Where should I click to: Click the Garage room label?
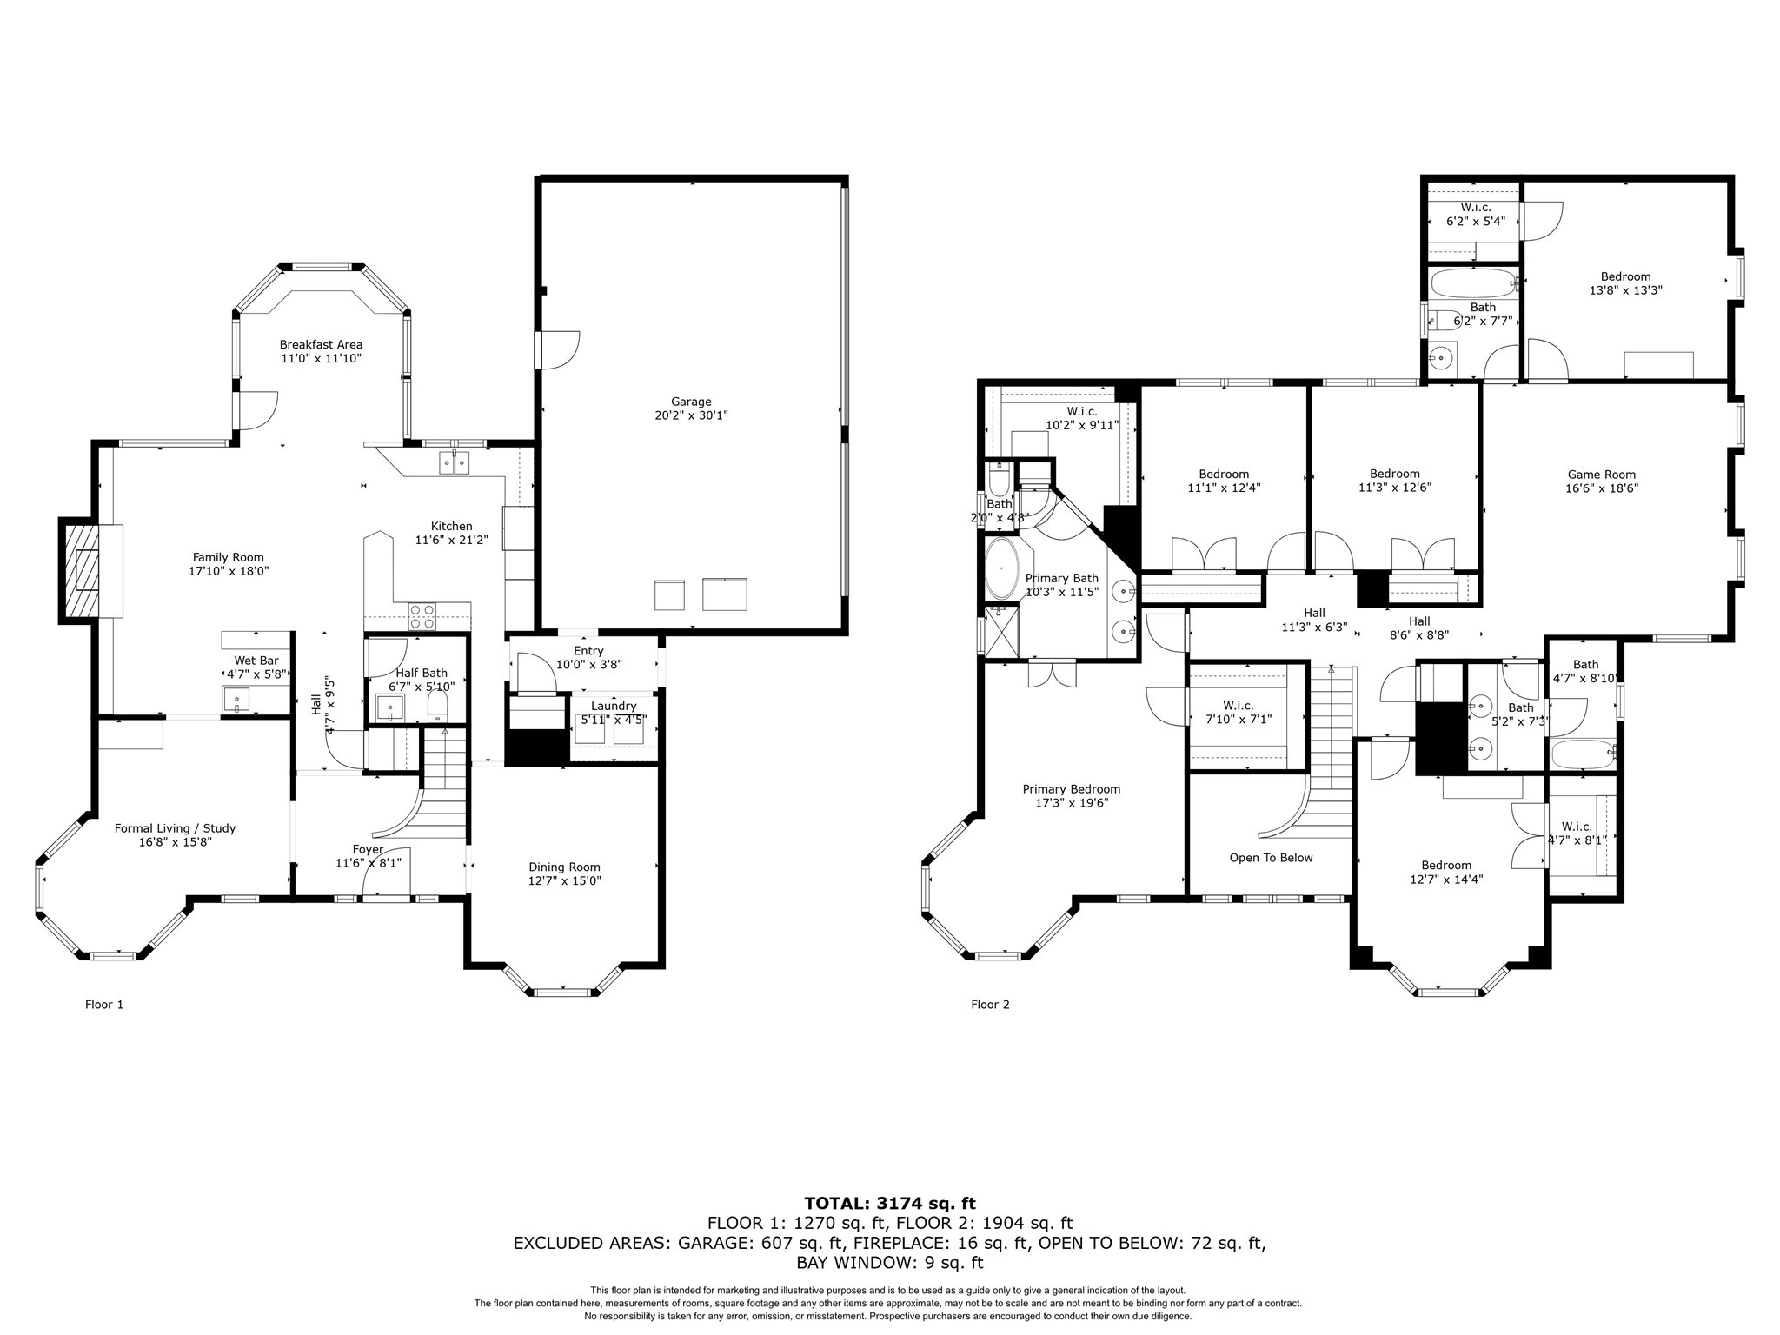[x=691, y=402]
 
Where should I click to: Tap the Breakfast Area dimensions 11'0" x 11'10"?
[x=321, y=358]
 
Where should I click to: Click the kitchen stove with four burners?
[x=422, y=616]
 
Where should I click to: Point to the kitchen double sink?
[x=454, y=462]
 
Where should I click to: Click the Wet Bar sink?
[x=236, y=698]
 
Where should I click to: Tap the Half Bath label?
[x=422, y=673]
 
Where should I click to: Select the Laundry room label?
[x=614, y=706]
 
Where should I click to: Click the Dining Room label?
[x=564, y=867]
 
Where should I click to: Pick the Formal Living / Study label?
[x=175, y=828]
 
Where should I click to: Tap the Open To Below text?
[x=1271, y=858]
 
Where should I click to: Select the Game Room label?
[x=1601, y=475]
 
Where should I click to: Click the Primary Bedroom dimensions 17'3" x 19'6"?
[x=1071, y=803]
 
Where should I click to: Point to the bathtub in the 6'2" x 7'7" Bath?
[x=1473, y=283]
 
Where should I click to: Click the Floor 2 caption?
[x=990, y=1005]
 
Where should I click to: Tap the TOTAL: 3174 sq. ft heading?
[x=889, y=1204]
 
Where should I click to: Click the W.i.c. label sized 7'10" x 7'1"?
[x=1238, y=705]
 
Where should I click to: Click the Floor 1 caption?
[x=104, y=1005]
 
